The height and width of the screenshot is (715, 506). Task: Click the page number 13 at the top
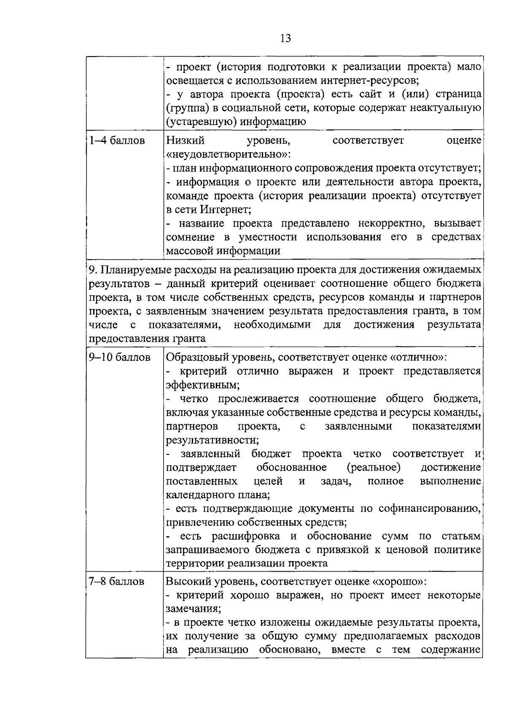(285, 38)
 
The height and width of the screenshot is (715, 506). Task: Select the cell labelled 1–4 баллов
(116, 140)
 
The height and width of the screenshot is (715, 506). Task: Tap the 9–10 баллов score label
(119, 357)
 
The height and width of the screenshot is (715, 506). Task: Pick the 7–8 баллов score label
(116, 581)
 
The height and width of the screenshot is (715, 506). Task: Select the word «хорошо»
(398, 581)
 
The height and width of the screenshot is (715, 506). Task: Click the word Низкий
(186, 140)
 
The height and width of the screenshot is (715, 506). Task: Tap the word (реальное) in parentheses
(374, 468)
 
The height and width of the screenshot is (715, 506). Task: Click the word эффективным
(202, 385)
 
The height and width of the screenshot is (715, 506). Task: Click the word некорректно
(396, 223)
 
